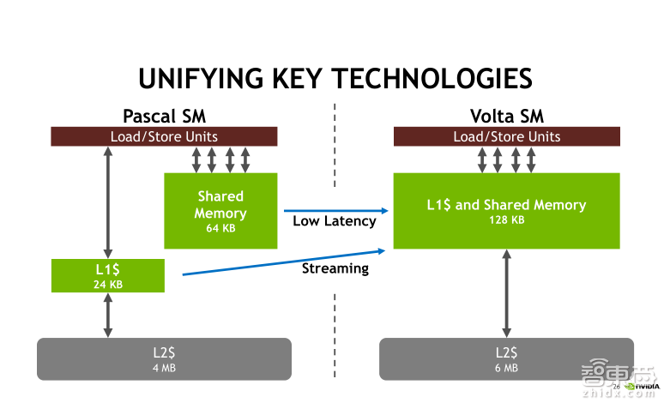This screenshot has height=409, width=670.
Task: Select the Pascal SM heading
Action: tap(164, 116)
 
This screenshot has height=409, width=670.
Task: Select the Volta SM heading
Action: tap(506, 116)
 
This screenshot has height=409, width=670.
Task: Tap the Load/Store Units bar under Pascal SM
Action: tap(164, 136)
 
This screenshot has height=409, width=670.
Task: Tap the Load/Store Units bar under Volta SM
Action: tap(506, 136)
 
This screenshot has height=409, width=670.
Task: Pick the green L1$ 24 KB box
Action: tap(107, 275)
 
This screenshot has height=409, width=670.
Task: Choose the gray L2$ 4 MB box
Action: tap(164, 358)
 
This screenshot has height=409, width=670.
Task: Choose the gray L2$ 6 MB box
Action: tap(506, 358)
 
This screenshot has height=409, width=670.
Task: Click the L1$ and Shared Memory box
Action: tap(506, 211)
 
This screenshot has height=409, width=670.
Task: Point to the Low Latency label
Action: tap(335, 221)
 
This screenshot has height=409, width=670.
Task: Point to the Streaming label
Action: tap(335, 268)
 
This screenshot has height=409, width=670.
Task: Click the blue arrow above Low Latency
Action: tap(335, 210)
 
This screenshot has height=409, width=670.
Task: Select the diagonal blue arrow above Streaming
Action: tap(283, 262)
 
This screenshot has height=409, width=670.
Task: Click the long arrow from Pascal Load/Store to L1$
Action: tap(107, 201)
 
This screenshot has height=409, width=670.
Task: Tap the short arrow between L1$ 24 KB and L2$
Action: tap(107, 315)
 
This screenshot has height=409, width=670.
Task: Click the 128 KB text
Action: tap(506, 220)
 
